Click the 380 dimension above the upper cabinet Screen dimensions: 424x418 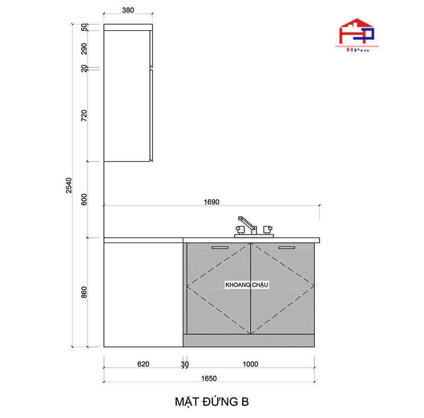click(128, 10)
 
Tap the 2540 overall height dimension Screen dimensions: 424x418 click(69, 185)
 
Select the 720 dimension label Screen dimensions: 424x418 click(84, 115)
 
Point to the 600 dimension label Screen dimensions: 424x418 click(84, 199)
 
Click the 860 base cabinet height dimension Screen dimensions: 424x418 click(84, 292)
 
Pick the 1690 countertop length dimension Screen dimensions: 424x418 click(211, 202)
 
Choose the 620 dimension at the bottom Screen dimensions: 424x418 click(143, 364)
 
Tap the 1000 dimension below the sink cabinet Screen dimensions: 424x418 click(250, 364)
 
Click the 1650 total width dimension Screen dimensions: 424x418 click(209, 378)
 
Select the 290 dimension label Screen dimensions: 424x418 click(84, 49)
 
